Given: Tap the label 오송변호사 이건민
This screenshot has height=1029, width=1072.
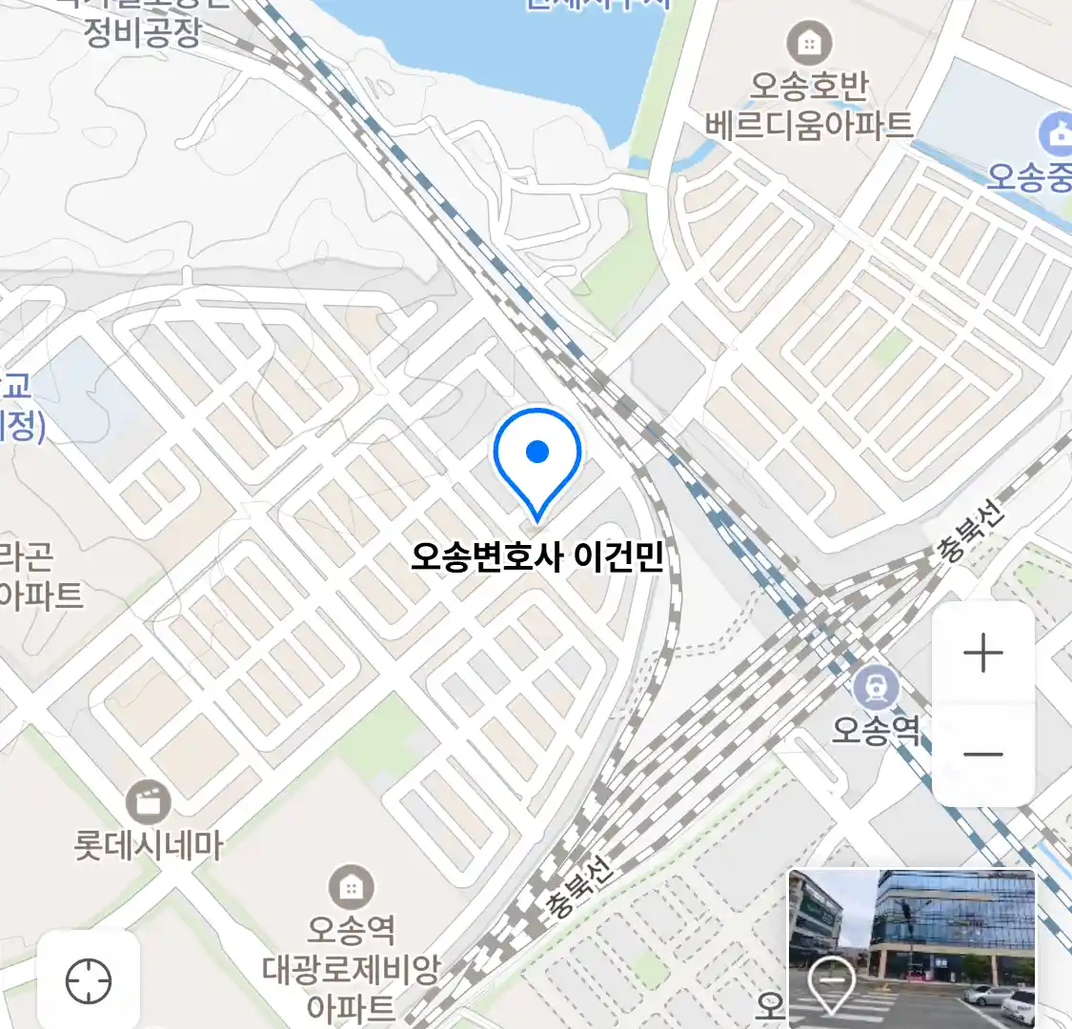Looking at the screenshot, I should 536,556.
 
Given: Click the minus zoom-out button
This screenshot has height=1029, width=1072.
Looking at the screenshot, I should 982,755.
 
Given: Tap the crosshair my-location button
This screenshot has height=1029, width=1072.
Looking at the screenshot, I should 89,980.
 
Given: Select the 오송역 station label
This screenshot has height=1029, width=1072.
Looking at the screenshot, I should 876,731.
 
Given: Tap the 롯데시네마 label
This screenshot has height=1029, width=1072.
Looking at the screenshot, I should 148,845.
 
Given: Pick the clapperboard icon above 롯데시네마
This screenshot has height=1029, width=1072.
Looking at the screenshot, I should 148,802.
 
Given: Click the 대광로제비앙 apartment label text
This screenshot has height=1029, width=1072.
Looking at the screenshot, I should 351,970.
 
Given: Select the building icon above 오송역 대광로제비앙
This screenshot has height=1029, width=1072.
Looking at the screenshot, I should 351,888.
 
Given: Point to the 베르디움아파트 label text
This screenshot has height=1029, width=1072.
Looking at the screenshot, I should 809,125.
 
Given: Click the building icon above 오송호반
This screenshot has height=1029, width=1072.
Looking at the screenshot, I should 809,43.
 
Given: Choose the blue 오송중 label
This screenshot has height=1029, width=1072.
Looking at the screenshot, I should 1029,177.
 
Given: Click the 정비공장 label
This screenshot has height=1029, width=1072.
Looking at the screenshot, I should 143,33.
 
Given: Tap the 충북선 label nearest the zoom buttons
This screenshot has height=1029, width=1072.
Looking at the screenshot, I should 970,535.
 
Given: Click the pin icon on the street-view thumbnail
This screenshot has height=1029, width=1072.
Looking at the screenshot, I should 831,985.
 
